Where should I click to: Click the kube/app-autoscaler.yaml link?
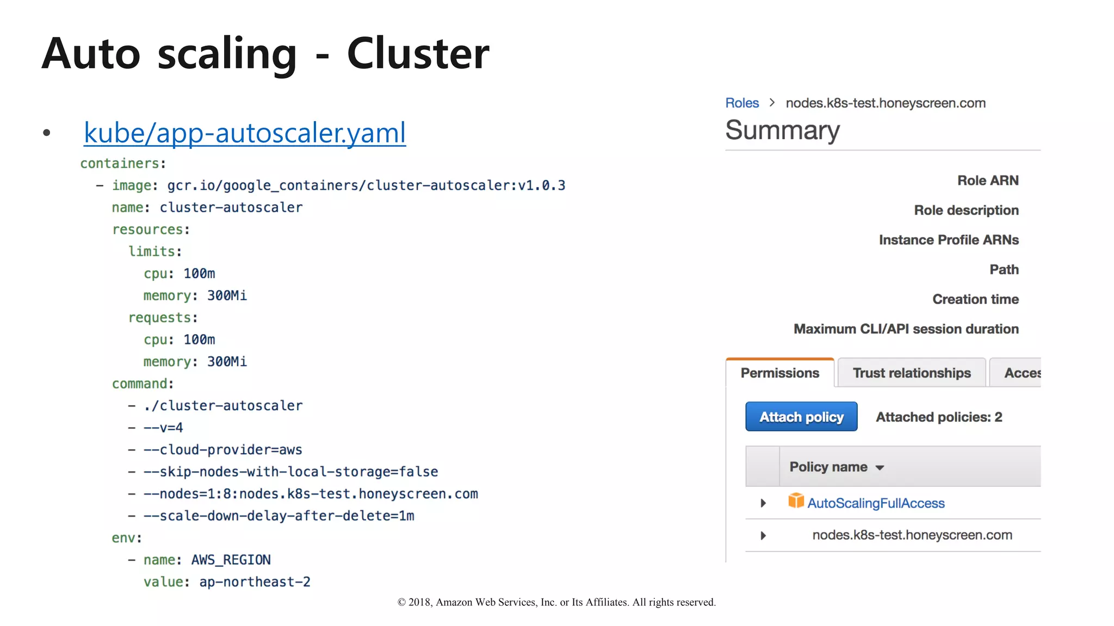(x=245, y=133)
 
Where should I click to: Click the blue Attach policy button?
(x=801, y=417)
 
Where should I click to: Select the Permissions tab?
(x=779, y=373)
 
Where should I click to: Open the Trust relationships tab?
(x=912, y=373)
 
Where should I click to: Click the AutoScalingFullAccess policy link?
(x=876, y=503)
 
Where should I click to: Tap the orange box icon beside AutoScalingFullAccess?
(x=796, y=500)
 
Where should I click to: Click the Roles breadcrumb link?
(x=742, y=103)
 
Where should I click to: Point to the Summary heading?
(x=783, y=130)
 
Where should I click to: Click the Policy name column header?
(x=828, y=467)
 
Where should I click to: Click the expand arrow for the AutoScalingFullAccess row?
(x=763, y=503)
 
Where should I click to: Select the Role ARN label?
(x=988, y=180)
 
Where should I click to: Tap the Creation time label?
(x=975, y=299)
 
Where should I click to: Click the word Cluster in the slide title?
(x=418, y=53)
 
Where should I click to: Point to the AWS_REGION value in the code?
(x=231, y=560)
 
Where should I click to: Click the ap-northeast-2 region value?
(x=255, y=582)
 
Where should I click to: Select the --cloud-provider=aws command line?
(x=222, y=450)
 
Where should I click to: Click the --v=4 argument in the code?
(x=163, y=428)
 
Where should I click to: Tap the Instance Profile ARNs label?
(x=949, y=240)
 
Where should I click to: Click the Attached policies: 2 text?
(x=939, y=417)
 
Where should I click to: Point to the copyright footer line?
(x=556, y=602)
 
